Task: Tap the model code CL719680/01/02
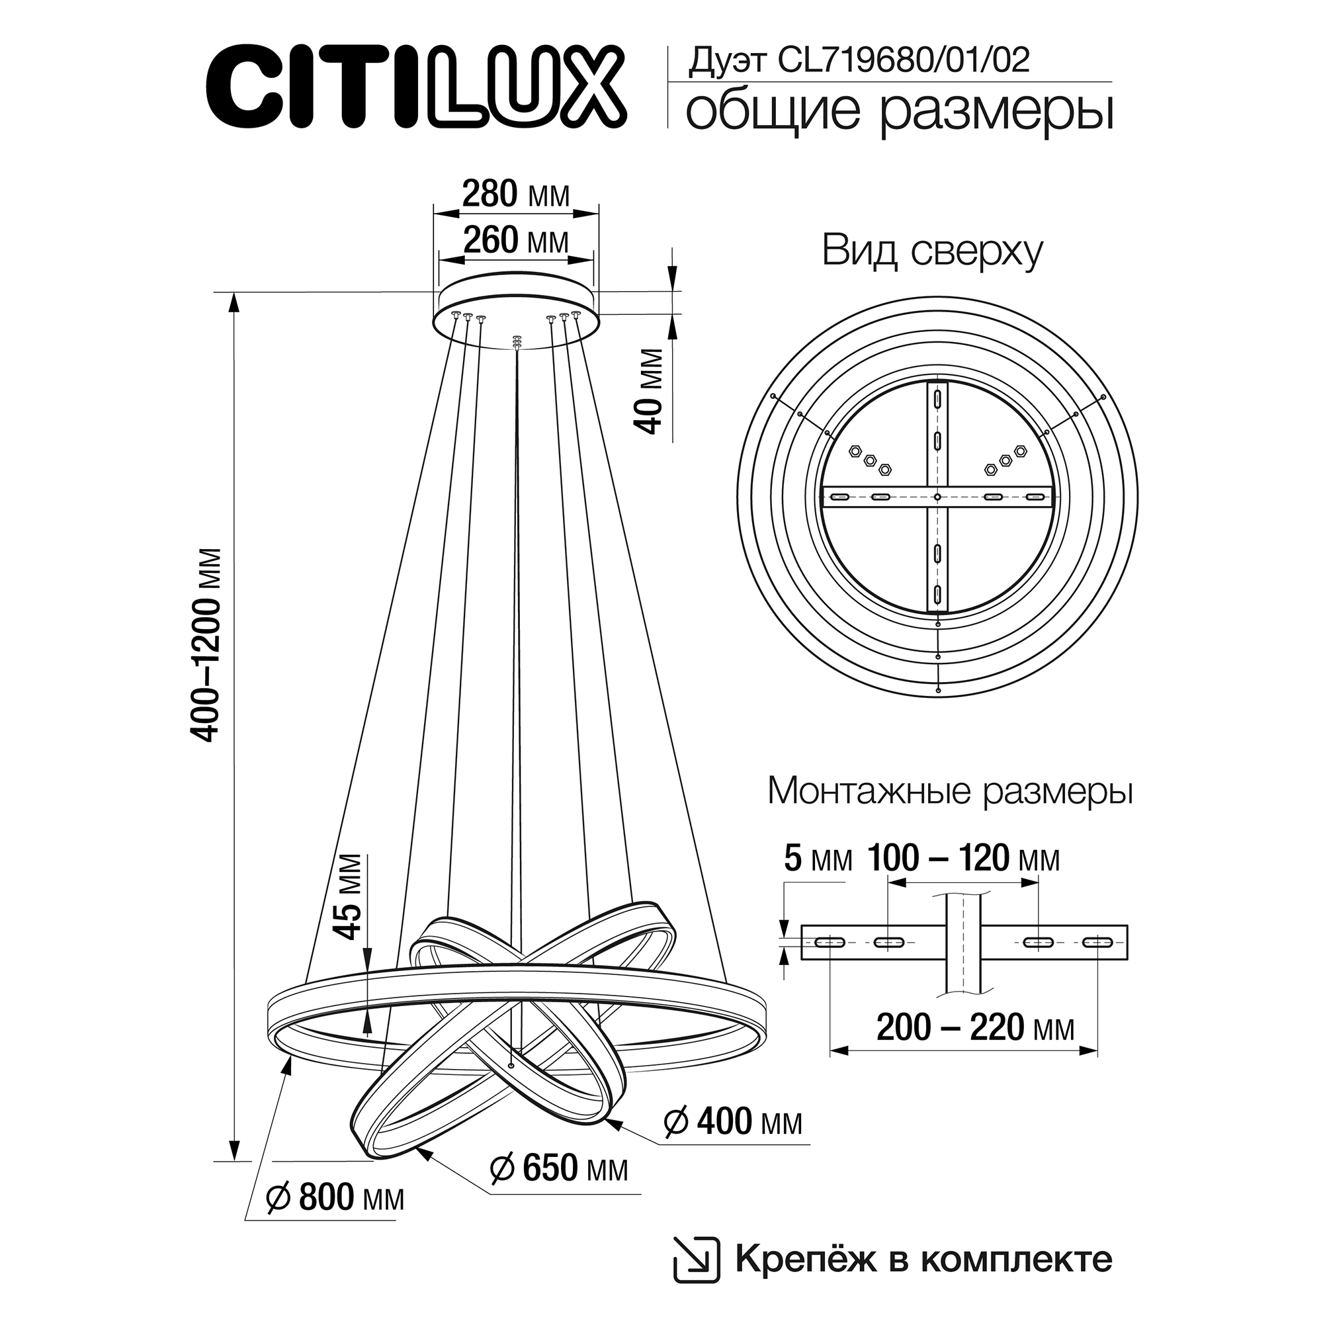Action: click(x=903, y=60)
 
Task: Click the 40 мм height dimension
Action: click(x=649, y=392)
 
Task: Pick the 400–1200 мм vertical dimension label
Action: click(x=207, y=645)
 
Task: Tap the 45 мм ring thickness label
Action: click(x=348, y=897)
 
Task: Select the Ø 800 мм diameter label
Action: click(x=335, y=1217)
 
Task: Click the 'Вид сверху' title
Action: click(x=932, y=252)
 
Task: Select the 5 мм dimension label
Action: click(x=818, y=859)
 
